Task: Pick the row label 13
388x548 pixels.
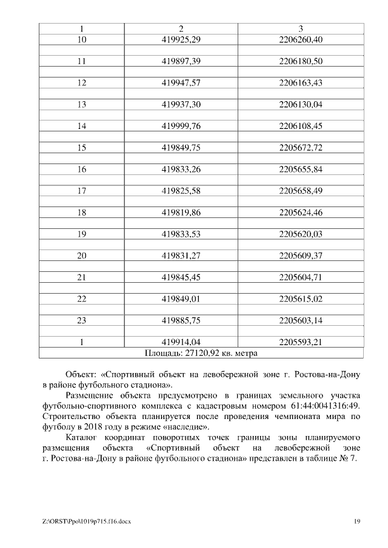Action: click(82, 105)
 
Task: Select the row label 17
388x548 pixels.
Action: click(82, 191)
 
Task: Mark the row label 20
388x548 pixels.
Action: click(82, 256)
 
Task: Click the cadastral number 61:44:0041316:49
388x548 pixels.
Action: click(322, 406)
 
